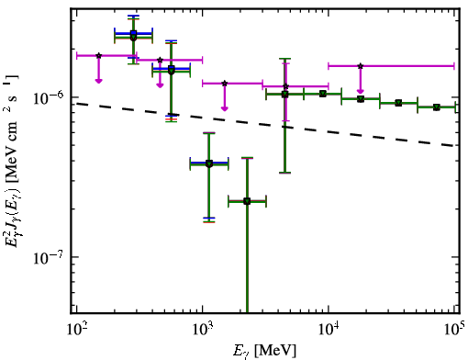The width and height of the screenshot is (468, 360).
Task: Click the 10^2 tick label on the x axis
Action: tap(76, 329)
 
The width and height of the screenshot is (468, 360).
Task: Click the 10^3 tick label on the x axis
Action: tap(203, 329)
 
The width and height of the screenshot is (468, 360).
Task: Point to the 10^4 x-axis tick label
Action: tap(329, 329)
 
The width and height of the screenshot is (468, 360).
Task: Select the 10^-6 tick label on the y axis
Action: tap(49, 97)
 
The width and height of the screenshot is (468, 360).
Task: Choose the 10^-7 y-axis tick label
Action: tap(49, 257)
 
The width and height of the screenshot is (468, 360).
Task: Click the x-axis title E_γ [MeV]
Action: tap(264, 351)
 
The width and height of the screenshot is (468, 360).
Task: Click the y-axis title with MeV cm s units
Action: tap(11, 161)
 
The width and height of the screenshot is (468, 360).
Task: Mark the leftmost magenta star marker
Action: tap(98, 55)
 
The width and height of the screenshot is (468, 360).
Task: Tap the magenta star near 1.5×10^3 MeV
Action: tap(225, 84)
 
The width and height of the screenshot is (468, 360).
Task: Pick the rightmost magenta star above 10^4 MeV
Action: tap(361, 66)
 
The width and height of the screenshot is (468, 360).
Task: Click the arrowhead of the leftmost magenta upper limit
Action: tap(98, 81)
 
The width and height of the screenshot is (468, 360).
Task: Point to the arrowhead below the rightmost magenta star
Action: tap(361, 91)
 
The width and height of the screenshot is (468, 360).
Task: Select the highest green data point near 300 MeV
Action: tap(133, 38)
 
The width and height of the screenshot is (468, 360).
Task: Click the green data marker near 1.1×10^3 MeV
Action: tap(209, 163)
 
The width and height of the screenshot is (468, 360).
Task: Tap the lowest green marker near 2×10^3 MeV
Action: tap(247, 201)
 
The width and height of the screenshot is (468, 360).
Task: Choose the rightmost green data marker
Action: tap(437, 107)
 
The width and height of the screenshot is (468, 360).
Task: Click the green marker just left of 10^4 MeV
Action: tap(323, 94)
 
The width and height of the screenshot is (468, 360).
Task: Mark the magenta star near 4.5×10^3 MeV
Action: tap(285, 86)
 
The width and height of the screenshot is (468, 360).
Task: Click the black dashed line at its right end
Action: tap(454, 146)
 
